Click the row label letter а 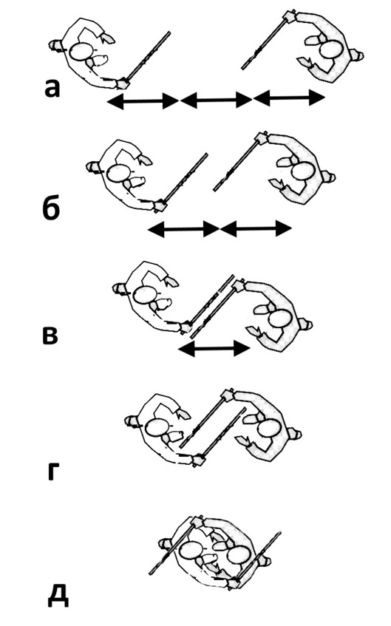(x=52, y=88)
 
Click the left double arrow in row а (x=143, y=101)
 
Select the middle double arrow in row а (x=216, y=100)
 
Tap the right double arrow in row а (x=289, y=98)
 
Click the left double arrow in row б (x=183, y=229)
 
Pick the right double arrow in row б (x=256, y=229)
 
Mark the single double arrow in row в (x=214, y=349)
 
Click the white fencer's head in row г (x=156, y=428)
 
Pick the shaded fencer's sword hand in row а (x=289, y=16)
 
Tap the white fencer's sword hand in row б (x=160, y=205)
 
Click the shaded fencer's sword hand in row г (x=228, y=395)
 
